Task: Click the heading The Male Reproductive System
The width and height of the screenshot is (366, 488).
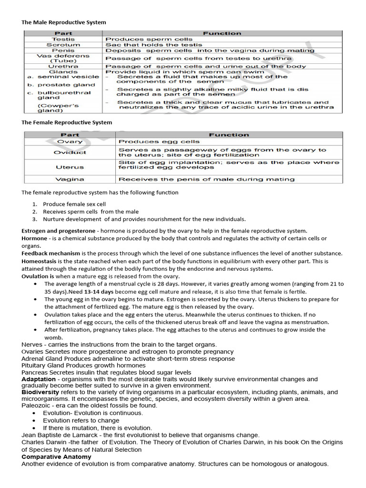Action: [x=64, y=22]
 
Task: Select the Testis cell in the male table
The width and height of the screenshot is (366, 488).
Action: [x=63, y=39]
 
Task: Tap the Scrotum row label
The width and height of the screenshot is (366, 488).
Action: [x=63, y=45]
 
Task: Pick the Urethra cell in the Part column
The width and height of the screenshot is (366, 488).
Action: [x=63, y=66]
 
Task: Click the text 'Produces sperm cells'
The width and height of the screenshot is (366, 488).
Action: [x=149, y=39]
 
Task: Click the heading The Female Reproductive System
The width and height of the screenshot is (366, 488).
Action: [x=67, y=122]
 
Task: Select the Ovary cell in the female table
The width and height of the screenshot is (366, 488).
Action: [x=70, y=142]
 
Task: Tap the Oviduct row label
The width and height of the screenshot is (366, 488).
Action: [x=70, y=152]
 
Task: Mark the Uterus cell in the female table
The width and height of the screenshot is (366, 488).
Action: [x=70, y=167]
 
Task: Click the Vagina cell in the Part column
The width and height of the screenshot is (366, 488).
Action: [x=70, y=180]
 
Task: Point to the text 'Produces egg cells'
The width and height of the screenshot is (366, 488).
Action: [x=159, y=142]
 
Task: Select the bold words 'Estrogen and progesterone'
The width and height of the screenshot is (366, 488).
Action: [x=58, y=231]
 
